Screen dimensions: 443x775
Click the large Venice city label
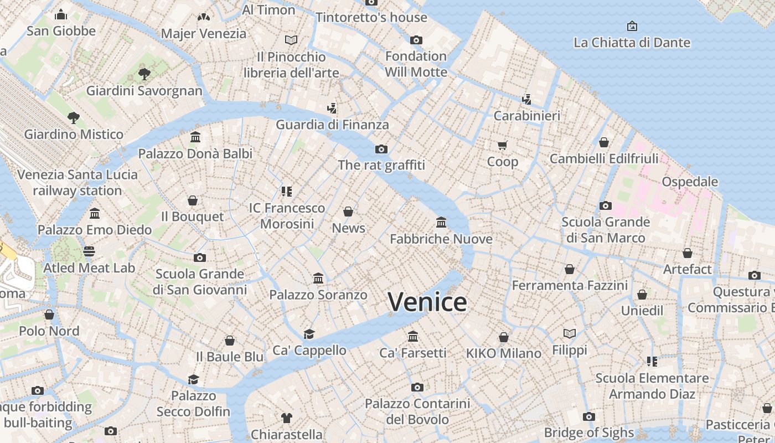tap(427, 302)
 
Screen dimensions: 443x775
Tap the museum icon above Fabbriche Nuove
tap(441, 223)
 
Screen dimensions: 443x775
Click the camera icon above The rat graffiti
tap(381, 149)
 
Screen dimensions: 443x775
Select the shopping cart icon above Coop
tap(502, 146)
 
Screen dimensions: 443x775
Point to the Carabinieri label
tap(526, 116)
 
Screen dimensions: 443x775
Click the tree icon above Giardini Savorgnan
tap(144, 74)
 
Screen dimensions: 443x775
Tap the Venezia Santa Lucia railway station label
tap(77, 183)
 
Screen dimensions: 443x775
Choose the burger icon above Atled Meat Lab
tap(89, 251)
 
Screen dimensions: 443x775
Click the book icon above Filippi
tap(569, 333)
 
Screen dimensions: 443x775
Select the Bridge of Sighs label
tap(588, 432)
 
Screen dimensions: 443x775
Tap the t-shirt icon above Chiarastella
tap(286, 418)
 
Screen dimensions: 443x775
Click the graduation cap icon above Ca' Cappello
tap(309, 334)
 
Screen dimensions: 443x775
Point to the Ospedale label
tap(689, 182)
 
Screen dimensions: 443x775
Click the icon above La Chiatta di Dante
tap(632, 26)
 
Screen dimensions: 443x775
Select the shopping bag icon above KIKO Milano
tap(503, 337)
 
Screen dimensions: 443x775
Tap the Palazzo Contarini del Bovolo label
tap(417, 411)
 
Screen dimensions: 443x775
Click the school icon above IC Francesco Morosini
tap(286, 192)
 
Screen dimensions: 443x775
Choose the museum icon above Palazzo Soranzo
tap(318, 278)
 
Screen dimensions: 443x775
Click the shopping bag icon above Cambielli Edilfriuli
tap(603, 142)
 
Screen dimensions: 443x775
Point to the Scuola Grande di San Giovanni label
tap(200, 282)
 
